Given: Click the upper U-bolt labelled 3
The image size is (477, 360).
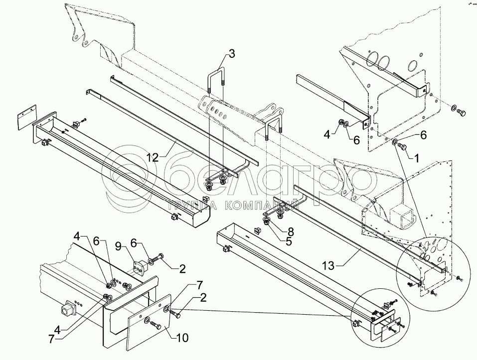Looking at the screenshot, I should pyautogui.click(x=217, y=80).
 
